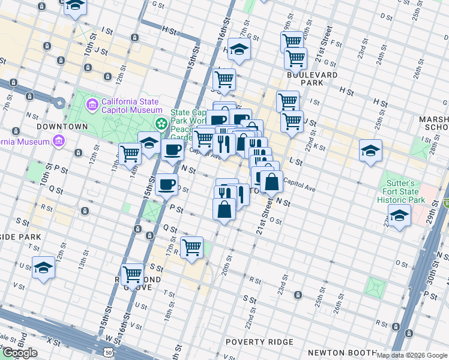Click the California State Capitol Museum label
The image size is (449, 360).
point(131,106)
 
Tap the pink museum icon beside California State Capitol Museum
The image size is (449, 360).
point(92,106)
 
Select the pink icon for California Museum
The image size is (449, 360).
point(58,141)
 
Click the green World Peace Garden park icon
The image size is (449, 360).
point(161,124)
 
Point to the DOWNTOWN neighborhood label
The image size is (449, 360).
point(62,127)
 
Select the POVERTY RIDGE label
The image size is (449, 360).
point(259,342)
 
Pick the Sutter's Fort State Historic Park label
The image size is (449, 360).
point(401,191)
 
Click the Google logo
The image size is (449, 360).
point(20,352)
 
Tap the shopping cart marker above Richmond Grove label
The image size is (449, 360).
point(132,274)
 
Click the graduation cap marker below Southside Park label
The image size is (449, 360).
point(43,268)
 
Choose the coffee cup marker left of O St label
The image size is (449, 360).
point(166,184)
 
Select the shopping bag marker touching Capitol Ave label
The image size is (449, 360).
point(271,181)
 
